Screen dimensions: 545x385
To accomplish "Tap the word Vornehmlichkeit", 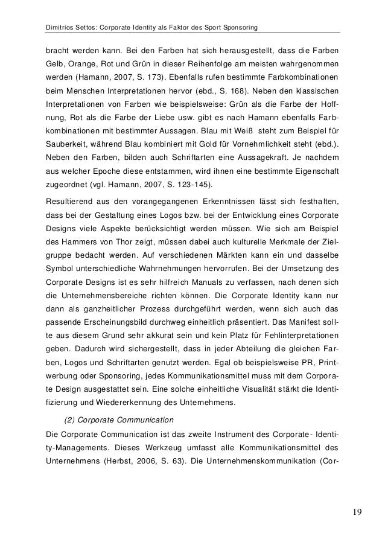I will [281, 145].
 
